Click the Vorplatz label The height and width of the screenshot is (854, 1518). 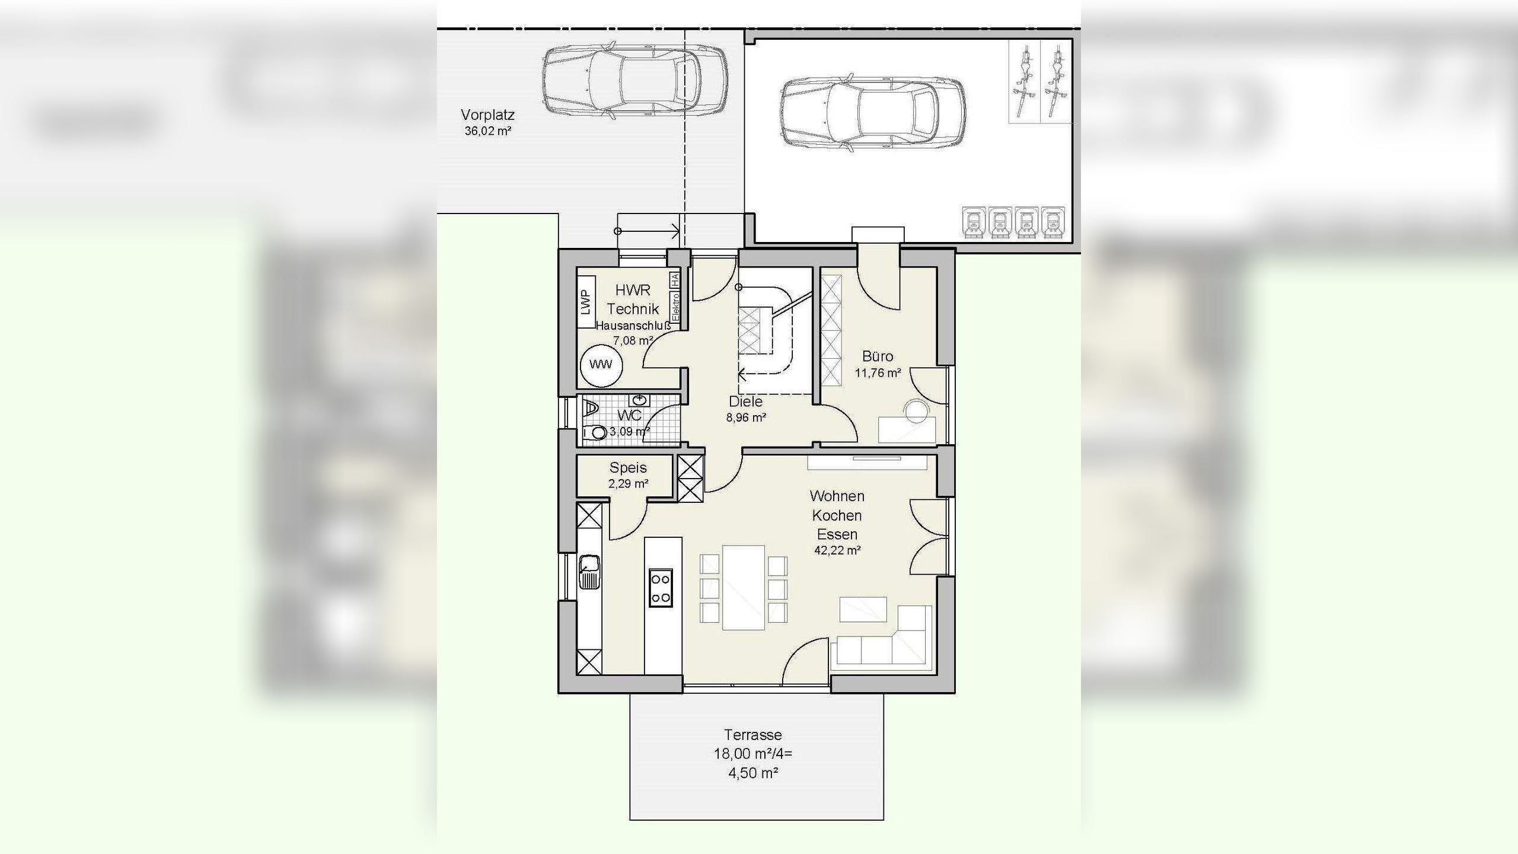(x=487, y=115)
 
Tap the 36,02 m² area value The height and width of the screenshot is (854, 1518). (x=487, y=131)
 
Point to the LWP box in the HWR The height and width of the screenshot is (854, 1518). (x=586, y=302)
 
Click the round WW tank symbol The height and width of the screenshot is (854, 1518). (x=601, y=365)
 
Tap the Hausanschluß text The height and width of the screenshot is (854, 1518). (x=633, y=326)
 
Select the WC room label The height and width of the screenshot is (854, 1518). (x=629, y=415)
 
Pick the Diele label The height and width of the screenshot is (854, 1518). (x=746, y=401)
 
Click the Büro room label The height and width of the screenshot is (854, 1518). (x=878, y=356)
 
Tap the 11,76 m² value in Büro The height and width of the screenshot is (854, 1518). (x=878, y=373)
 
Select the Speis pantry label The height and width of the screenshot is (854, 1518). (x=628, y=467)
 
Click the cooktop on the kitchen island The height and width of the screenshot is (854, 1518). (x=661, y=587)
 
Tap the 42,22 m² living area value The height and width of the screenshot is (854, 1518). (x=837, y=550)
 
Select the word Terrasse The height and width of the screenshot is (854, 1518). (x=753, y=735)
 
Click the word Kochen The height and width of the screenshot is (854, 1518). (x=837, y=515)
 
